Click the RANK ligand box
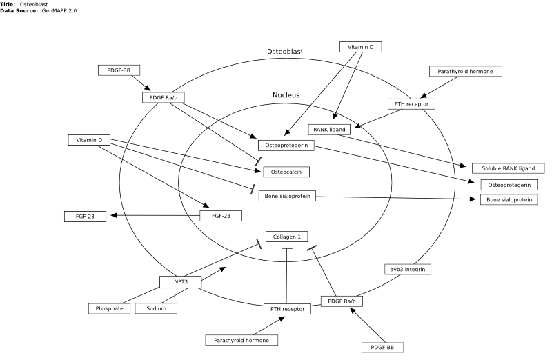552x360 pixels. coord(329,130)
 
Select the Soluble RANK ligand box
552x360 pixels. coord(508,168)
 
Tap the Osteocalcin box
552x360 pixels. coord(286,172)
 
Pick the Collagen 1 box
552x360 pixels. coord(286,237)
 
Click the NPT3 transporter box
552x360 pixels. coord(181,282)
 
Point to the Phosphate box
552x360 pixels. coord(109,308)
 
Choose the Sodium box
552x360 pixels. coord(156,308)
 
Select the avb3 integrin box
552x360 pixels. coord(408,269)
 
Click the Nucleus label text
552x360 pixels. coord(286,95)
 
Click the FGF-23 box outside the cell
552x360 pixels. coord(85,217)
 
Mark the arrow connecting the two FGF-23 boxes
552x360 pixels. coord(155,215)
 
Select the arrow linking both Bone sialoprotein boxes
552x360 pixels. coord(395,198)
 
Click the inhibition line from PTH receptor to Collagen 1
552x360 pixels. coord(286,276)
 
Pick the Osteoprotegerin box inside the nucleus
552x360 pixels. coord(286,146)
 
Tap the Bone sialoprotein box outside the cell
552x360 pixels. coord(509,199)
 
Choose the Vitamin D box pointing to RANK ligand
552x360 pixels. coord(360,47)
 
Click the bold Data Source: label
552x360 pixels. coord(19,10)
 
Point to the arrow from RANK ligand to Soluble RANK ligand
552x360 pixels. coord(402,150)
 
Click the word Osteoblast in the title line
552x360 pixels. coord(34,4)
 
